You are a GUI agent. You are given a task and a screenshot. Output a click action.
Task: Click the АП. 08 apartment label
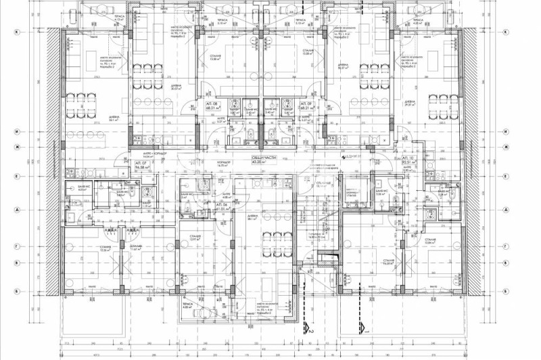(212, 105)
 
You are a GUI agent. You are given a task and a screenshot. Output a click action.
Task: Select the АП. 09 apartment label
(306, 105)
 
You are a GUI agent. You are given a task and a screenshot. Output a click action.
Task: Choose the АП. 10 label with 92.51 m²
(408, 160)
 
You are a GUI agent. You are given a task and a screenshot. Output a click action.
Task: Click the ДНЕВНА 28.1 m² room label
(254, 217)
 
